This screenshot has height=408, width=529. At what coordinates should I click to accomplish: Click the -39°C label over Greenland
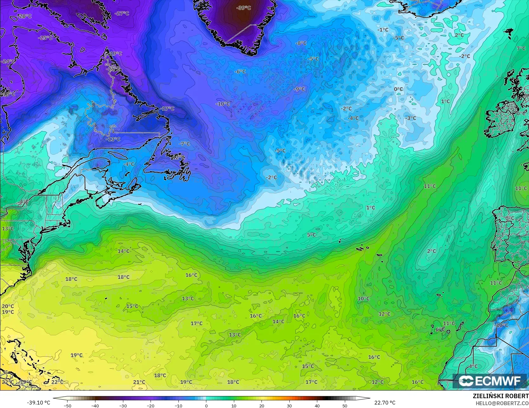[x=243, y=8]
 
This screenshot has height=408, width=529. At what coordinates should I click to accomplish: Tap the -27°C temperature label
[x=122, y=13]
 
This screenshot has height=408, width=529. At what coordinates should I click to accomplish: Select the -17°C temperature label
[x=168, y=108]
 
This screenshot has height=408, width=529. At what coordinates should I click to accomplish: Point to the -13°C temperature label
[x=113, y=139]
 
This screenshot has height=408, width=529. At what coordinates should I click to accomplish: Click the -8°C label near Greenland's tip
[x=301, y=43]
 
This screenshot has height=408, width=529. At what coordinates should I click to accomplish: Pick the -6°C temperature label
[x=240, y=72]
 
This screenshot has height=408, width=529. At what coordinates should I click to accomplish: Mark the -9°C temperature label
[x=299, y=89]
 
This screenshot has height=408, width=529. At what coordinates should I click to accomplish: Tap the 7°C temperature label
[x=521, y=49]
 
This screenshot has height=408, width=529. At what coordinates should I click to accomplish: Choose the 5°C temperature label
[x=312, y=235]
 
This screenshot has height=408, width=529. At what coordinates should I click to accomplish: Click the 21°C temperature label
[x=139, y=382]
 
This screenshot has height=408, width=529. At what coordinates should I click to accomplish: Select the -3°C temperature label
[x=411, y=118]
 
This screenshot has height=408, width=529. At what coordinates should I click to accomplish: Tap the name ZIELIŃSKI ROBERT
[x=500, y=396]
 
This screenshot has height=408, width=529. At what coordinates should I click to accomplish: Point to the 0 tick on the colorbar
[x=206, y=405]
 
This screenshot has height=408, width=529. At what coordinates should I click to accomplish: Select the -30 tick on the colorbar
[x=123, y=405]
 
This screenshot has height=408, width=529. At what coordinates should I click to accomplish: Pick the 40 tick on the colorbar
[x=317, y=405]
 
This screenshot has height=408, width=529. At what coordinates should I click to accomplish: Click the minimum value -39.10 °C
[x=38, y=403]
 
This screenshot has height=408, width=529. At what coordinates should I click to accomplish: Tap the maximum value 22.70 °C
[x=385, y=403]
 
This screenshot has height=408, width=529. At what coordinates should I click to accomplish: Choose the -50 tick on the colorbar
[x=68, y=405]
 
